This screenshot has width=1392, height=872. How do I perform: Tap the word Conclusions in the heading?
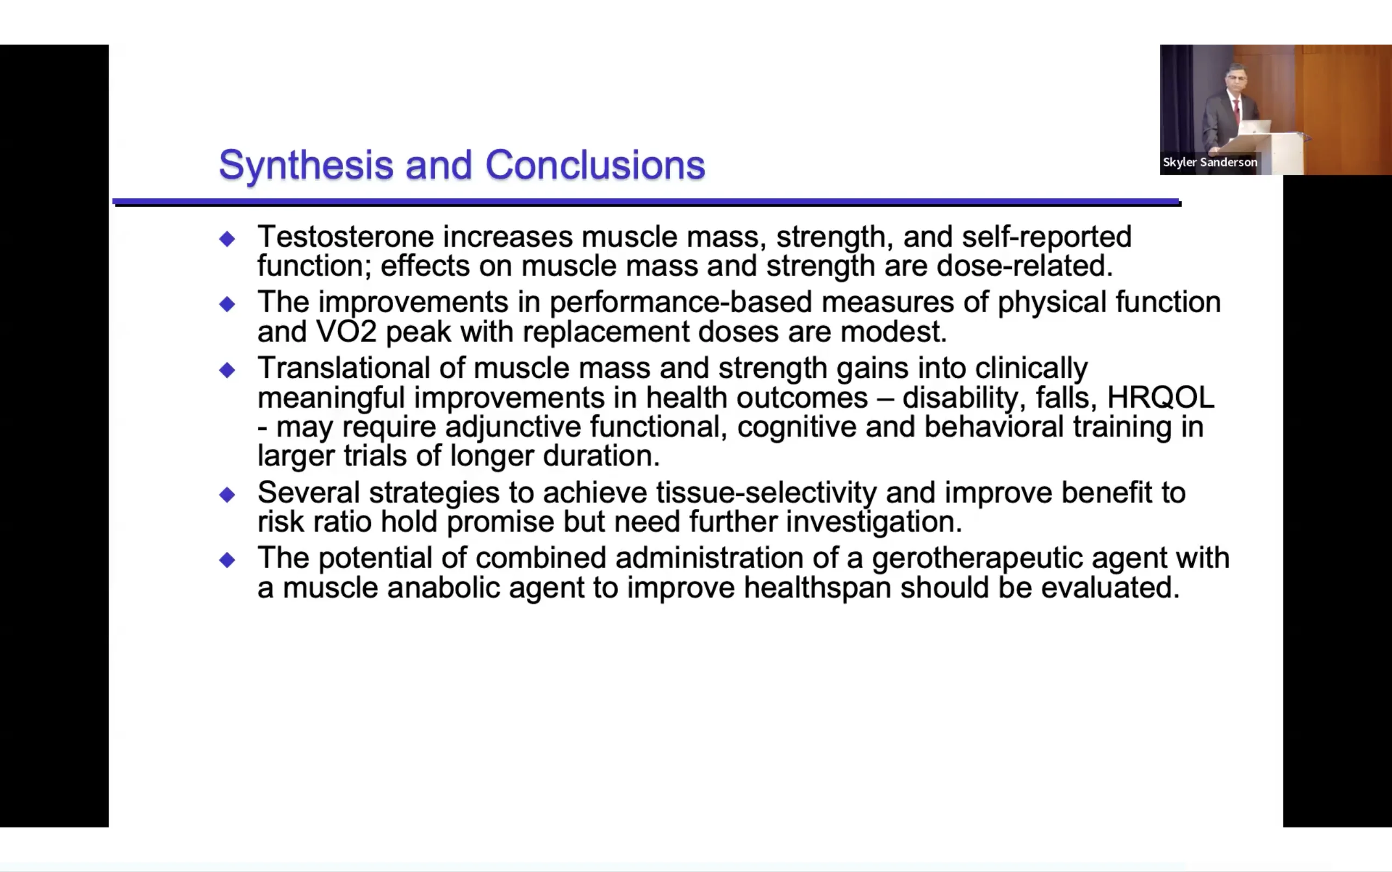595,165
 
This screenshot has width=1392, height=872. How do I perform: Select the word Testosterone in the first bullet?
345,236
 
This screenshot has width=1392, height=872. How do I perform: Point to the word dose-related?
1024,266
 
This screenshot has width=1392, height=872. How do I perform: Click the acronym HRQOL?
1161,397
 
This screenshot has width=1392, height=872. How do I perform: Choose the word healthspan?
817,588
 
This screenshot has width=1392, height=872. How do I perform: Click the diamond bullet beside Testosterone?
227,239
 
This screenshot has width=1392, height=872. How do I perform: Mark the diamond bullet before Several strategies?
227,494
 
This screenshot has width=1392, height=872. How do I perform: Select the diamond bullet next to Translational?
227,370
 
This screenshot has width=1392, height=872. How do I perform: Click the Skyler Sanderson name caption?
1210,163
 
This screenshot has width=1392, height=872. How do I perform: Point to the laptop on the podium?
1255,127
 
